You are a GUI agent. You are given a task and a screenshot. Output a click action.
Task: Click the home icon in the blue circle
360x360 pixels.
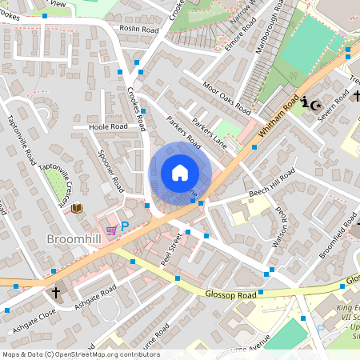[180, 173]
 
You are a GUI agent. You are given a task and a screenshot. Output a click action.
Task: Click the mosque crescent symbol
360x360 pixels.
[316, 103]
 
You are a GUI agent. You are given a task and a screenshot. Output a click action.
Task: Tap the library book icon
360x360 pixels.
[77, 209]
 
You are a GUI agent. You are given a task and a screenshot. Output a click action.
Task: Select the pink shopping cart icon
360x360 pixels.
[111, 230]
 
